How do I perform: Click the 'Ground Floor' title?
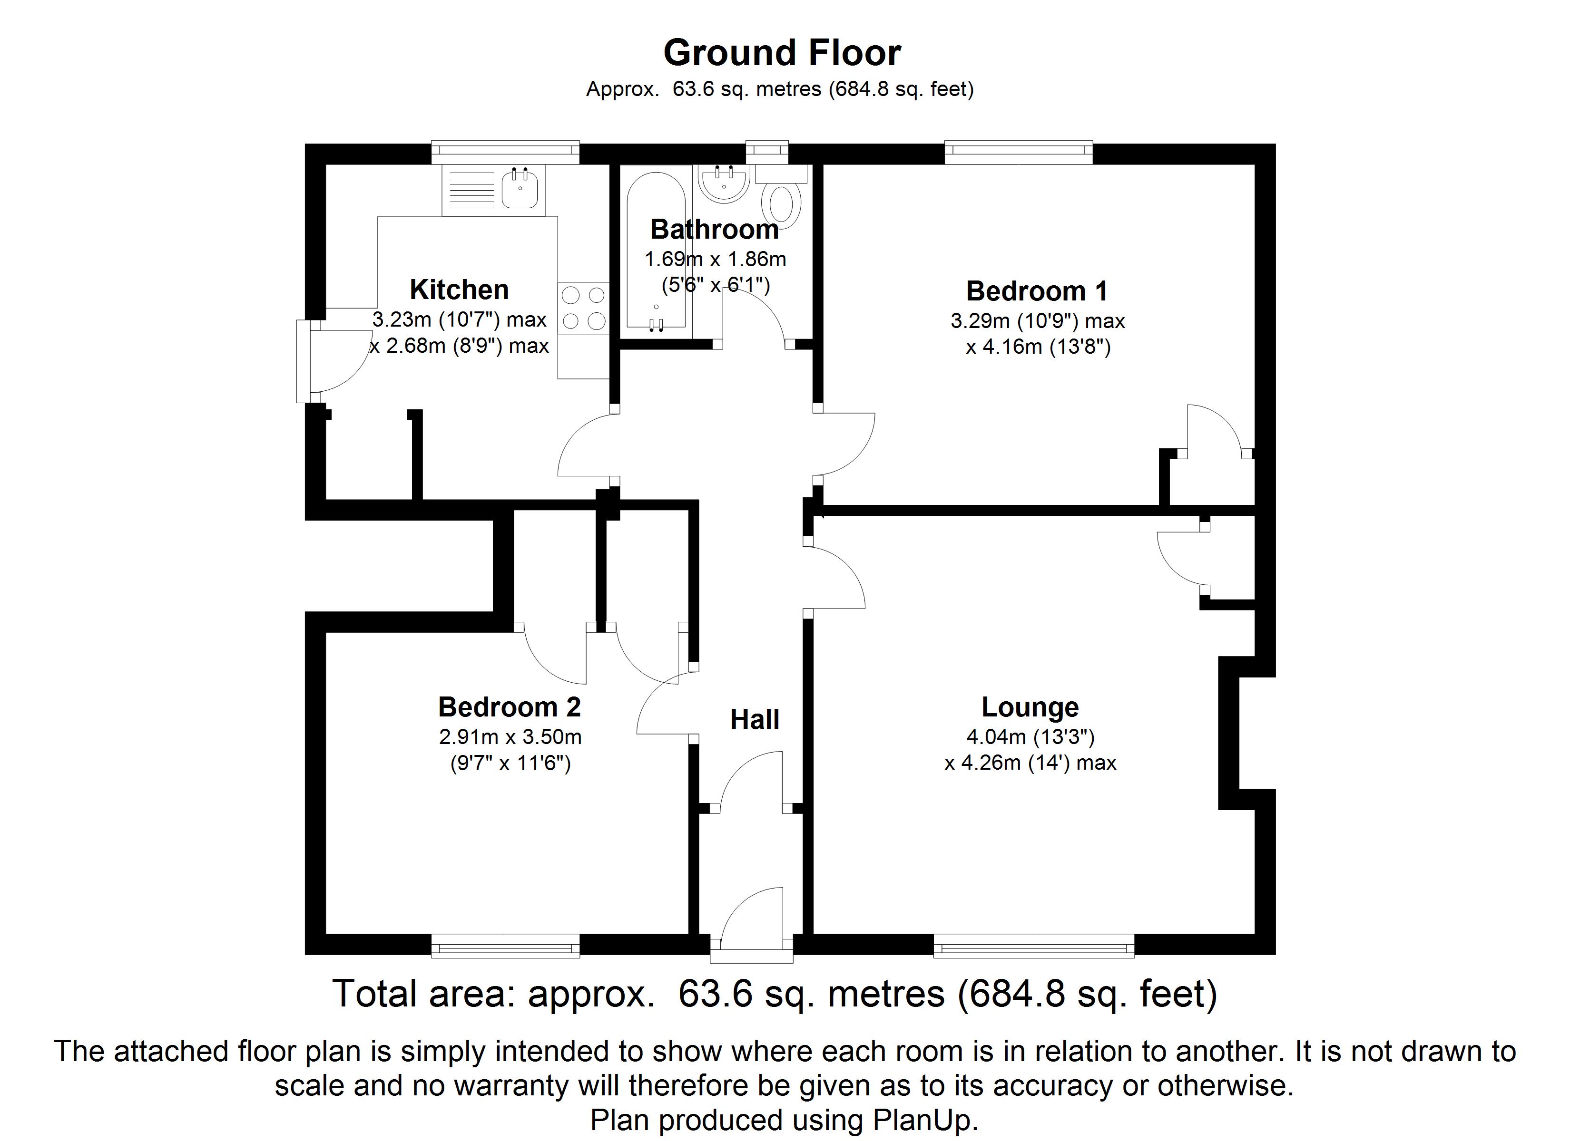pos(782,53)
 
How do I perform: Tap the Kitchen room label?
pos(459,289)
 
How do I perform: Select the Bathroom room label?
pos(715,229)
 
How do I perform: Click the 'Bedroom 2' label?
pos(510,706)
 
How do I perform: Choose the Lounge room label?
pos(1030,706)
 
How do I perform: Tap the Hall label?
pos(755,720)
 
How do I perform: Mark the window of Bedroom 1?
pos(1018,152)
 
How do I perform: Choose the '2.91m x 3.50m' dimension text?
pos(510,737)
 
